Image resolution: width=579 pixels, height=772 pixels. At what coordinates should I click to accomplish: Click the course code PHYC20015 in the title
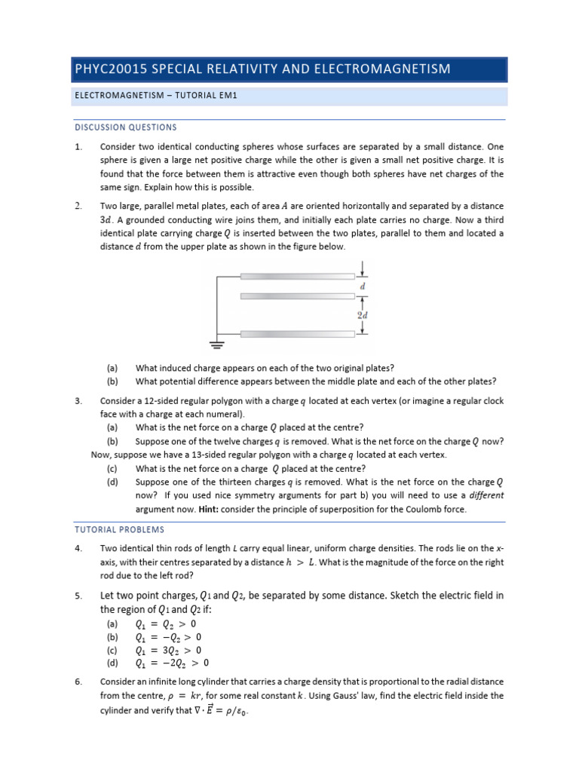(111, 69)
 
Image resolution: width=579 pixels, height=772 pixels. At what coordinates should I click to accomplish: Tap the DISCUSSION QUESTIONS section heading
(125, 127)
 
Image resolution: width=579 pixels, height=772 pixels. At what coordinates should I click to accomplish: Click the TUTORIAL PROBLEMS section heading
(118, 529)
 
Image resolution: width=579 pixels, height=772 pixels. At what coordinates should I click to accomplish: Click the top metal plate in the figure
(297, 276)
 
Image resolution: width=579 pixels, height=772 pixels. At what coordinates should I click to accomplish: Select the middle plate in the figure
(297, 296)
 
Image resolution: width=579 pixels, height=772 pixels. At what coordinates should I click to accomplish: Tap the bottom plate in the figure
(297, 332)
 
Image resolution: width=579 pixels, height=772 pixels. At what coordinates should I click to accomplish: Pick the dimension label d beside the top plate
(363, 286)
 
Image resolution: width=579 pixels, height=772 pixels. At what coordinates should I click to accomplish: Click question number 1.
(78, 147)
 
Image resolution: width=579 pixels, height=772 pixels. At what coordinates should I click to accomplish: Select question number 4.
(78, 548)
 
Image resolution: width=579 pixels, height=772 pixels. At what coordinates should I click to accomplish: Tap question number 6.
(78, 682)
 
